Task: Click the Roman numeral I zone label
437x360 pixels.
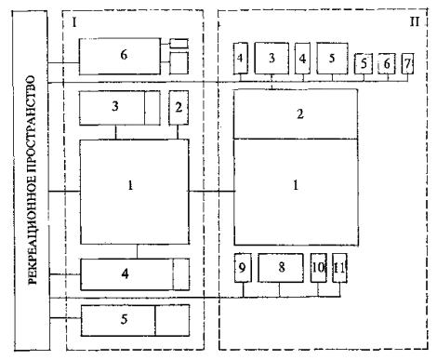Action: tap(73, 22)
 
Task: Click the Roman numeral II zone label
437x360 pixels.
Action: tap(415, 21)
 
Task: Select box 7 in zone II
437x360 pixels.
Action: tap(407, 64)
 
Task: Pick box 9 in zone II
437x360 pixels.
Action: tap(243, 268)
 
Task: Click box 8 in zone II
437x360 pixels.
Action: tap(281, 268)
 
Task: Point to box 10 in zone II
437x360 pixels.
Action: tap(318, 268)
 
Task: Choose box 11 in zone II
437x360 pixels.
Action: tap(339, 268)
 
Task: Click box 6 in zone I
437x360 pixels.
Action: tap(120, 56)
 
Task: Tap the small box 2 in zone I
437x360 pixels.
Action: tap(179, 108)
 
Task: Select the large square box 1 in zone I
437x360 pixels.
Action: tap(135, 192)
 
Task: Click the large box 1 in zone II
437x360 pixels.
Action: tap(296, 192)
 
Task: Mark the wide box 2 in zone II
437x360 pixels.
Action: tap(296, 113)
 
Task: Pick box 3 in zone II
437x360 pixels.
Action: tap(271, 59)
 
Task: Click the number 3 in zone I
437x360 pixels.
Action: tap(115, 106)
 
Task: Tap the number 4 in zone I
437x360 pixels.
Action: tap(125, 273)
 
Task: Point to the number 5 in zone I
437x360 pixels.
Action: tap(124, 319)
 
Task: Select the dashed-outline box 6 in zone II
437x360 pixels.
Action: tap(387, 63)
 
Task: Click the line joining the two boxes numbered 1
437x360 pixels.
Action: tap(211, 192)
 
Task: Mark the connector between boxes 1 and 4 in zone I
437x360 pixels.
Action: tap(137, 251)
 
